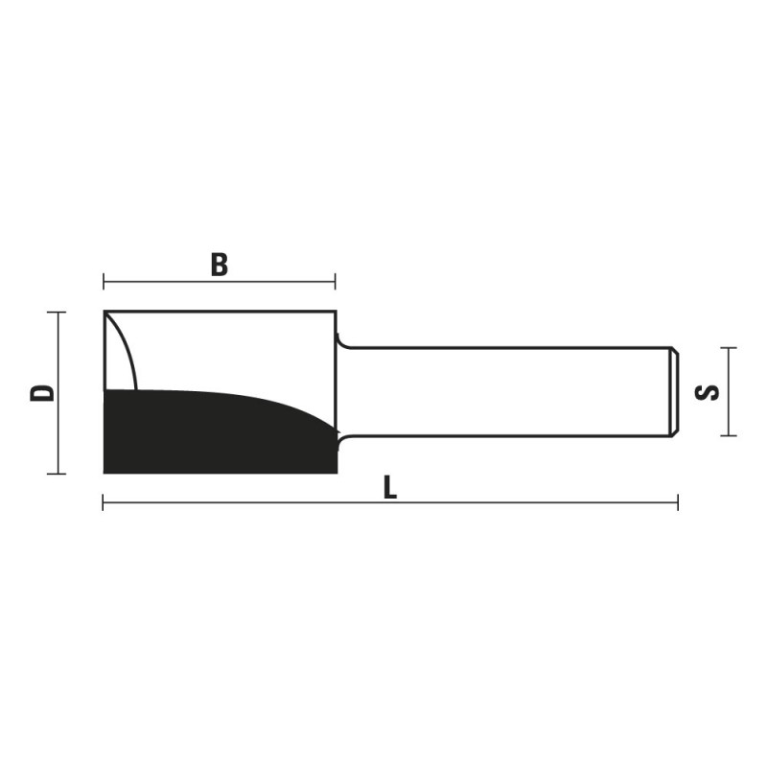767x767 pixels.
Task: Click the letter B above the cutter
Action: pos(220,265)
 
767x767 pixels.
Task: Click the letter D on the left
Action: pos(42,393)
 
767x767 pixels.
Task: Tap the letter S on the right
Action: pos(707,392)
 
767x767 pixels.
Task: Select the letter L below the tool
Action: pos(390,488)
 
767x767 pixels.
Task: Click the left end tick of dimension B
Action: pos(104,282)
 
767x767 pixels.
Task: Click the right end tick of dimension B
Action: pos(335,282)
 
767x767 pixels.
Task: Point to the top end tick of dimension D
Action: pos(57,313)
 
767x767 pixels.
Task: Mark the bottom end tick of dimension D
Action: pos(57,474)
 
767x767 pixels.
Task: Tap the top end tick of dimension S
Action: pos(729,348)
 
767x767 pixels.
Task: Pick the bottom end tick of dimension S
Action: pos(729,435)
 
